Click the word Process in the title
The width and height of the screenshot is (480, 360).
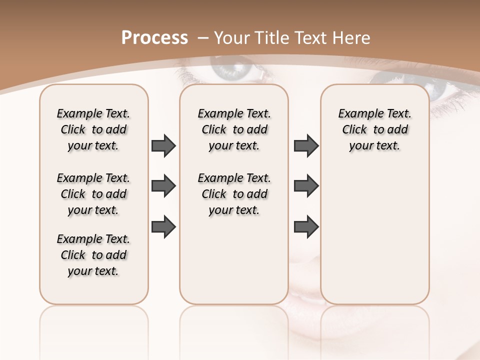154,37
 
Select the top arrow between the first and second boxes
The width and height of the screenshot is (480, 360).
163,146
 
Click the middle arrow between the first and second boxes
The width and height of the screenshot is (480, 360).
163,186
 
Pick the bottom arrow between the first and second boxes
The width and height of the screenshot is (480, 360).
163,226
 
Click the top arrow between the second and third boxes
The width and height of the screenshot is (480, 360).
306,146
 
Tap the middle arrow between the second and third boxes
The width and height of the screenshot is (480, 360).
306,186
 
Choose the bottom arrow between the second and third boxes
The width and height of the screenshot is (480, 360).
306,226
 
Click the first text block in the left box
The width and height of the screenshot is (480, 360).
93,129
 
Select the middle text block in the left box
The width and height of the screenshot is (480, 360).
93,194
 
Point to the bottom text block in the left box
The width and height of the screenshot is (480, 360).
93,255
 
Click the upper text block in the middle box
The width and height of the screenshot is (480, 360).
234,129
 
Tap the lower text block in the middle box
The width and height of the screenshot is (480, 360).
234,194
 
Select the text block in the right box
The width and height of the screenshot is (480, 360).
374,129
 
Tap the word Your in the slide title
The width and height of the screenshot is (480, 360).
231,38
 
